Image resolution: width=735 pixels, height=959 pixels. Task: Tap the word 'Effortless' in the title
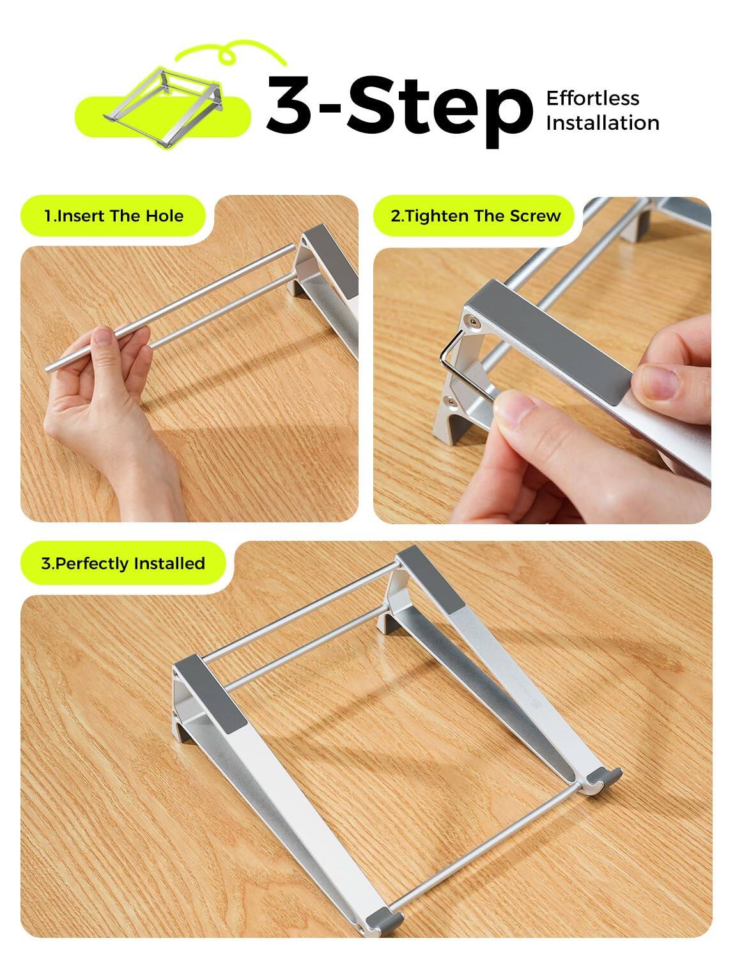click(592, 98)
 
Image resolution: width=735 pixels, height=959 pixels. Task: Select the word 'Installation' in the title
click(602, 123)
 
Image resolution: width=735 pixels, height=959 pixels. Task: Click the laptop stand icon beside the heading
click(164, 96)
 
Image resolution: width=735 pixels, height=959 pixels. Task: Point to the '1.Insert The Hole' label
click(114, 216)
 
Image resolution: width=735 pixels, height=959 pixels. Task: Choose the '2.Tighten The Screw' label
click(476, 216)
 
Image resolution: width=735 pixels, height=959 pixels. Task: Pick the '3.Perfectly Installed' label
click(123, 563)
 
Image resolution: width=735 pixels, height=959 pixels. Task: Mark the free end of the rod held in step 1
click(50, 368)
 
